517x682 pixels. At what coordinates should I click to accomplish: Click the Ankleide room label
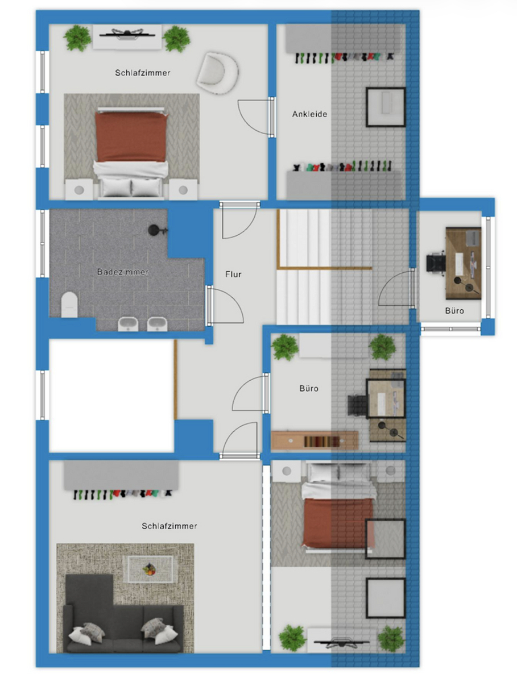click(310, 114)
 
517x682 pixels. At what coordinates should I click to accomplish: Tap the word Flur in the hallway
click(233, 275)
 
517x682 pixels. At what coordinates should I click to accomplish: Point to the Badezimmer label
click(123, 272)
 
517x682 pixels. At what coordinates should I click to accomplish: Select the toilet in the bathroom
click(69, 304)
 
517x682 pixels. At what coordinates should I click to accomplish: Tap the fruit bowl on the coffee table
click(150, 568)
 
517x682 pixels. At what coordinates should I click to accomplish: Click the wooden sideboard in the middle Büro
click(315, 440)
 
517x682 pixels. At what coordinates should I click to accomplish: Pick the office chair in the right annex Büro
click(436, 264)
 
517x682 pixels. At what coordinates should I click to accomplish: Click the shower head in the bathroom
click(155, 230)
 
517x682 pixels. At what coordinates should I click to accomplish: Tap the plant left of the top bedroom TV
click(77, 38)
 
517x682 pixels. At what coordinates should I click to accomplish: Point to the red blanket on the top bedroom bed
click(131, 136)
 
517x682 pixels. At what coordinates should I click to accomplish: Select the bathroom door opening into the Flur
click(226, 305)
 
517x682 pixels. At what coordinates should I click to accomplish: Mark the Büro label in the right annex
click(454, 311)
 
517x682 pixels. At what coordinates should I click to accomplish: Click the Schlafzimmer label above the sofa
click(169, 526)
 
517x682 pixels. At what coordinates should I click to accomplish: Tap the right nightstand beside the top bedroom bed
click(183, 189)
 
